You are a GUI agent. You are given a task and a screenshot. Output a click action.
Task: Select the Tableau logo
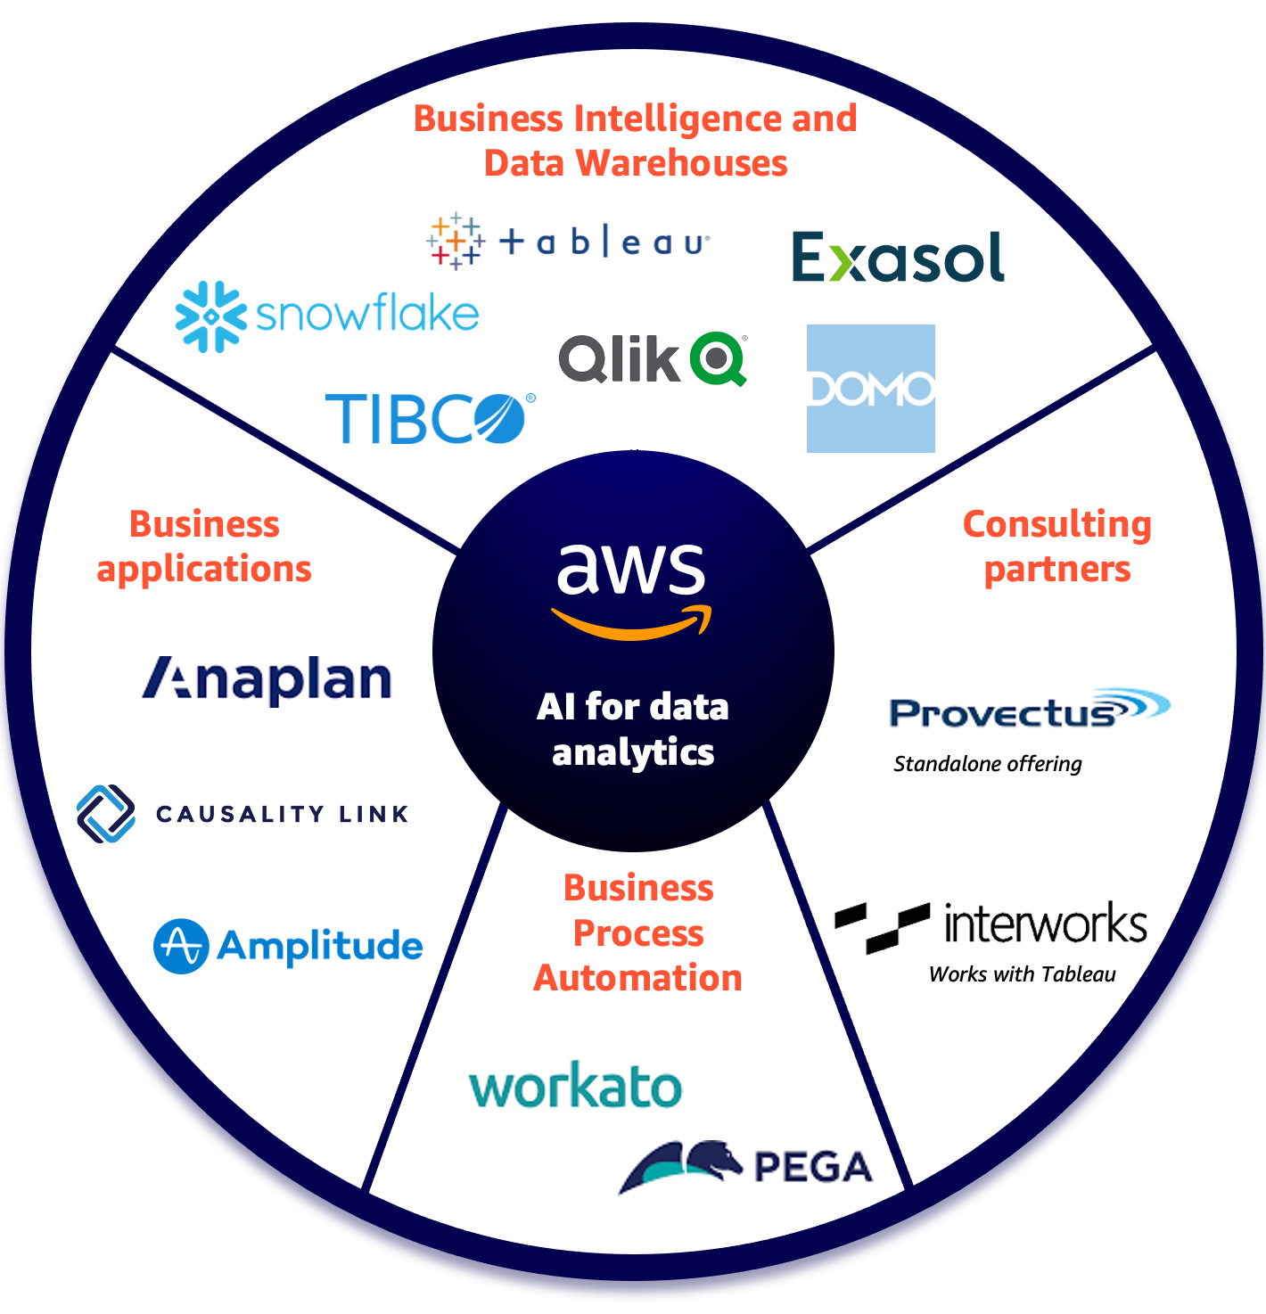pos(569,242)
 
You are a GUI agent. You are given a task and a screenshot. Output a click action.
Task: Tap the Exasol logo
pos(898,259)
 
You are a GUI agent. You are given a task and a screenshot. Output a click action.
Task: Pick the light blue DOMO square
pos(870,389)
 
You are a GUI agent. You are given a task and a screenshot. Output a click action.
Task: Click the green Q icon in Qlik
pos(719,358)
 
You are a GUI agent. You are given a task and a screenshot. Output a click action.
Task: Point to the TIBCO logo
pos(429,418)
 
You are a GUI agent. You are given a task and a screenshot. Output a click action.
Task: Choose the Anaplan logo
pos(267,680)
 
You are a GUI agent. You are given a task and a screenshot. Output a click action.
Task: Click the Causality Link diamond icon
pos(106,814)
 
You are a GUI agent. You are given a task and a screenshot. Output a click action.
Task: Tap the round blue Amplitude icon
pos(181,946)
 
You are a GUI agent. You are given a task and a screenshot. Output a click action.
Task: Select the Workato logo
pos(575,1087)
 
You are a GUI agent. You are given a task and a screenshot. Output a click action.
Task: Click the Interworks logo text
pos(1045,924)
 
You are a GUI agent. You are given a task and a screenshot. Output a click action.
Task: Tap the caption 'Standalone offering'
pos(987,764)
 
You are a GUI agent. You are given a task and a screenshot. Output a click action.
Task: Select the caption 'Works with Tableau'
pos(1022,974)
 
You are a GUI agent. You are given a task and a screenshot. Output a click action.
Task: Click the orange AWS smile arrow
pos(631,624)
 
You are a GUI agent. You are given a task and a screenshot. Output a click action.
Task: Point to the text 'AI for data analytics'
pos(633,729)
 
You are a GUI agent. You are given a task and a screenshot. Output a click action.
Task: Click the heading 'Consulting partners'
pos(1057,546)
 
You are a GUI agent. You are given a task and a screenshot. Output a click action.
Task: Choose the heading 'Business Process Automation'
pos(638,933)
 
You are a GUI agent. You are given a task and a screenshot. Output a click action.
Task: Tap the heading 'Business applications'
pos(204,546)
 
